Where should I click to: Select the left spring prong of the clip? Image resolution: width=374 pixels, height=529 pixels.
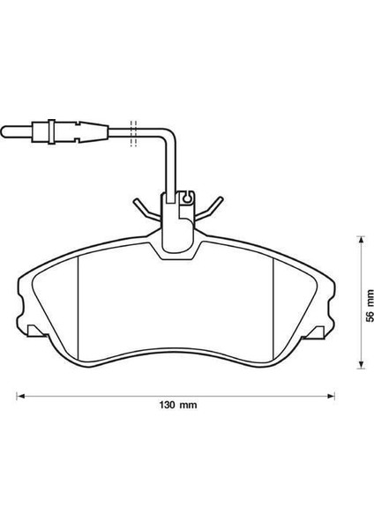(145, 207)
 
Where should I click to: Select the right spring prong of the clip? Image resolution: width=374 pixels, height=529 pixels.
(211, 207)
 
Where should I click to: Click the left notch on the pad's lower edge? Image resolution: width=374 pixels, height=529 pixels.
(35, 331)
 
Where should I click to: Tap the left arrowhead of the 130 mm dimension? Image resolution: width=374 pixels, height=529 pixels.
(20, 393)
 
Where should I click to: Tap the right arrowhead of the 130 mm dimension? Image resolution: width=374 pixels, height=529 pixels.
(333, 393)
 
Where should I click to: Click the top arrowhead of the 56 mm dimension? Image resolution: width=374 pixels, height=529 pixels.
(360, 238)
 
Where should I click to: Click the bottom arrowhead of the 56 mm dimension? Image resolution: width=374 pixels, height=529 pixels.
(360, 364)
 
